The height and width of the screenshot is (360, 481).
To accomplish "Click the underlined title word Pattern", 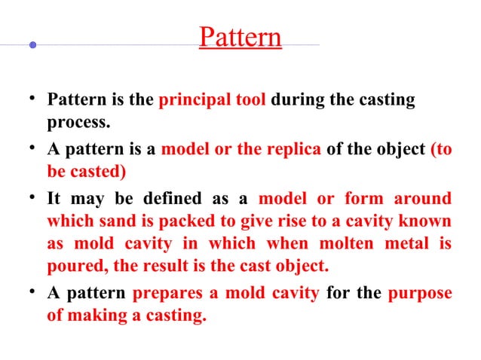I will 240,38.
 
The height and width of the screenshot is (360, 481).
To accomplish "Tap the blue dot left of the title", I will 32,45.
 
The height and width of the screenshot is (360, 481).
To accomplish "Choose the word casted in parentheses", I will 97,170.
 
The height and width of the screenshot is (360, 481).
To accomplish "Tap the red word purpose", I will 420,294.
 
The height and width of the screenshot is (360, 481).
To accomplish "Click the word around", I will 425,199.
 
